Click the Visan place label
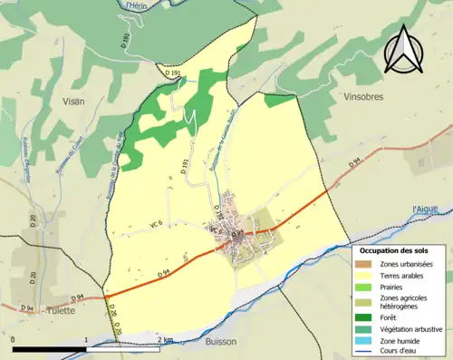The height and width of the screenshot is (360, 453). tap(72, 102)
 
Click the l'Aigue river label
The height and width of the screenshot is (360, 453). tap(425, 209)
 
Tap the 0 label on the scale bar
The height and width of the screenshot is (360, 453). tap(15, 340)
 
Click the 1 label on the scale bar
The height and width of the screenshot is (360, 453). tap(87, 340)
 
